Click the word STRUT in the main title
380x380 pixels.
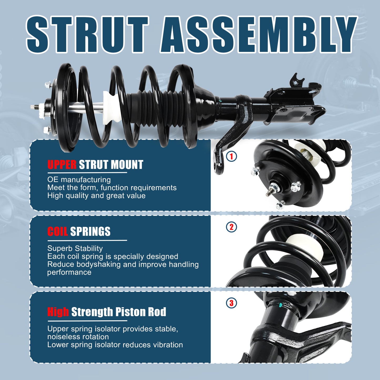click(87, 34)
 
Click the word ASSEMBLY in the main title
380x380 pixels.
click(258, 34)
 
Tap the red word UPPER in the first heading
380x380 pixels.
click(62, 165)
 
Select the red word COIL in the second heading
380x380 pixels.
click(58, 232)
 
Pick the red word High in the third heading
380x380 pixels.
click(58, 312)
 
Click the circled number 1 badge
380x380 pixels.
click(231, 156)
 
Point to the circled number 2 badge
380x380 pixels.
click(231, 227)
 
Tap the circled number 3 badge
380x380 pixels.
click(231, 303)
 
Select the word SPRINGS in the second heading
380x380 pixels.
click(90, 232)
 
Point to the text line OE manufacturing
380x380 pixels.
click(79, 180)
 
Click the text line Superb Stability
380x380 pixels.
click(75, 248)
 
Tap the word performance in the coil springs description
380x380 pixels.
click(69, 272)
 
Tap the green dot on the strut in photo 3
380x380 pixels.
click(281, 305)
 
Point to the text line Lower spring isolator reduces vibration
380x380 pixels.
click(115, 345)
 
